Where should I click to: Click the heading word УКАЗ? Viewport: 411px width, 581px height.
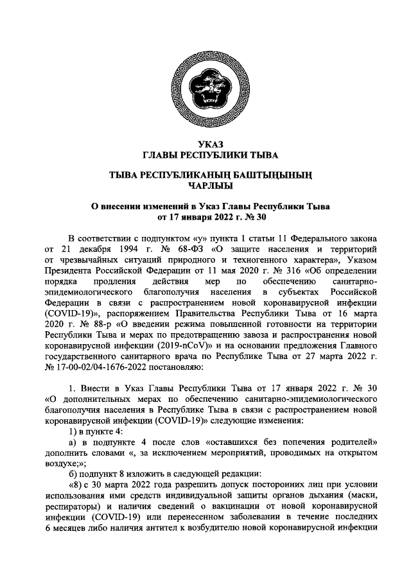click(205, 143)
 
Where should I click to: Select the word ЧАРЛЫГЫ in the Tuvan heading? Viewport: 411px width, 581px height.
click(205, 186)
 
